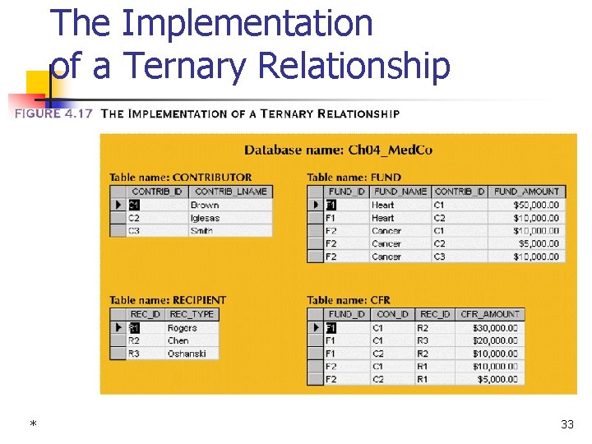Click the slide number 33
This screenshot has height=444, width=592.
click(567, 424)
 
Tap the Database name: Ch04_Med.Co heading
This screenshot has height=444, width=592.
click(338, 150)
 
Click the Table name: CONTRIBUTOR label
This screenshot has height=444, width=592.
click(180, 177)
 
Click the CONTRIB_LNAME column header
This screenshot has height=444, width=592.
click(230, 192)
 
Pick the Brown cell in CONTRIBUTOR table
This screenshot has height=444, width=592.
click(205, 205)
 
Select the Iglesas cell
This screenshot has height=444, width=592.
click(206, 218)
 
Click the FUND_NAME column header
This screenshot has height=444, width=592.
click(400, 192)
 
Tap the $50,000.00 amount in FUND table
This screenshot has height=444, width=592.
click(536, 205)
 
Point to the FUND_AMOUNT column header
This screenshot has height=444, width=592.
click(526, 192)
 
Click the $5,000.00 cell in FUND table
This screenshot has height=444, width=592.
click(539, 243)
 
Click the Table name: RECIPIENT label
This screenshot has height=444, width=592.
click(167, 300)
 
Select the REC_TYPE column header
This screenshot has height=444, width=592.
click(192, 314)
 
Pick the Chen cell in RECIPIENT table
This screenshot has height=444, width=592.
click(178, 340)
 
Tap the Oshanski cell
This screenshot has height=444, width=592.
click(187, 354)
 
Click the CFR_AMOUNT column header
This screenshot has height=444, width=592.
click(490, 314)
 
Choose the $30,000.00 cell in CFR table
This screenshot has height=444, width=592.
click(495, 327)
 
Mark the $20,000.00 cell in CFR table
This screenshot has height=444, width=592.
click(495, 340)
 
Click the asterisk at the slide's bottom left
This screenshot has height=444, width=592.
click(33, 424)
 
